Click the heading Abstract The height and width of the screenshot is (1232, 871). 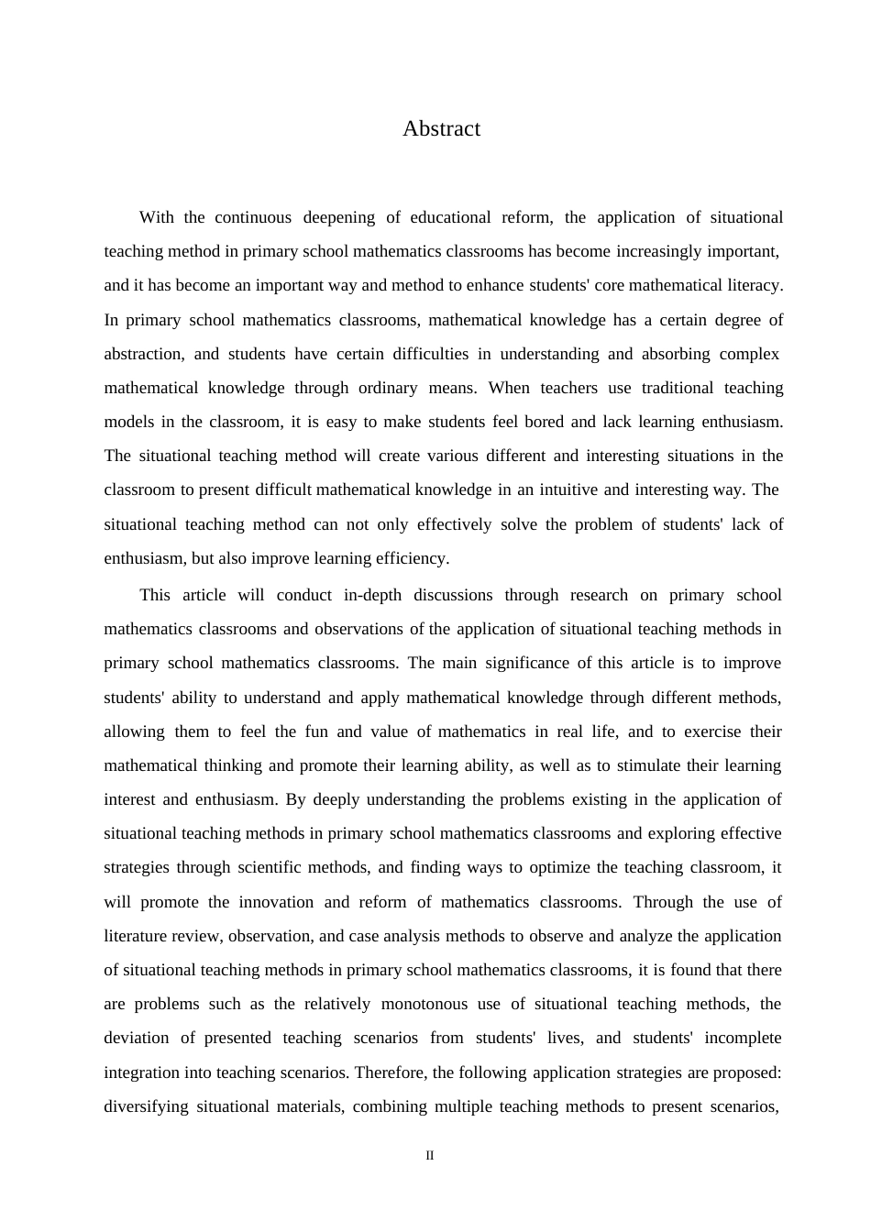(x=441, y=129)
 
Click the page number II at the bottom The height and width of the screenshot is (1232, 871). (x=430, y=1156)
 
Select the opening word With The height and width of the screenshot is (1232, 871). (x=156, y=218)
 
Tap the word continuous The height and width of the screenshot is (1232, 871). (x=253, y=218)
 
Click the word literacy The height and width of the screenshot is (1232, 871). (x=753, y=286)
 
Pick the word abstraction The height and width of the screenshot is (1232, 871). (x=143, y=355)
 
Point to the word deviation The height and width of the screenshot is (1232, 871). (x=137, y=1039)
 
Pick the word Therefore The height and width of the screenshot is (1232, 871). (x=390, y=1073)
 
